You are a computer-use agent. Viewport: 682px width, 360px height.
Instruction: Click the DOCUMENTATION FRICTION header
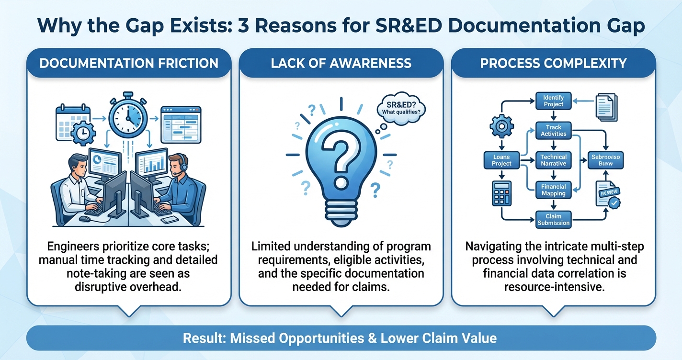128,63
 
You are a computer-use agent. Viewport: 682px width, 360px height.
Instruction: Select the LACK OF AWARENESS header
341,63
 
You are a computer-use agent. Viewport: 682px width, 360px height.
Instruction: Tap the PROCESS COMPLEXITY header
553,63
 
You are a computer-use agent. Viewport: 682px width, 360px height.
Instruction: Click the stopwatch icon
127,114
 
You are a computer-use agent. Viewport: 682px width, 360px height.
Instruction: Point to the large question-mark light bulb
341,158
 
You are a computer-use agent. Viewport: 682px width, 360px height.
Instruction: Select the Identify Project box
553,101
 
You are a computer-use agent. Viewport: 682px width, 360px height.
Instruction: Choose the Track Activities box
553,131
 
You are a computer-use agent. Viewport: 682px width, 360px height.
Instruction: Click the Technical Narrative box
553,160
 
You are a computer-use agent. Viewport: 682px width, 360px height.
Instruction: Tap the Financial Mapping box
553,190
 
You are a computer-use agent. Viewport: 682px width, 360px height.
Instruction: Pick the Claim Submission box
553,219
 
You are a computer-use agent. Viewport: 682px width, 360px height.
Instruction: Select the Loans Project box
501,160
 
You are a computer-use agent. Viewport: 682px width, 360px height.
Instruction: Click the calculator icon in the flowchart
501,194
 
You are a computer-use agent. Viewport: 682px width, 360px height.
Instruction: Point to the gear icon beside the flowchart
502,127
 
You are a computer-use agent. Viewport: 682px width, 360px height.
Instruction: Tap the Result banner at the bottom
341,338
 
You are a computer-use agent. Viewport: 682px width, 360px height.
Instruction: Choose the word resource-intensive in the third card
553,286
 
